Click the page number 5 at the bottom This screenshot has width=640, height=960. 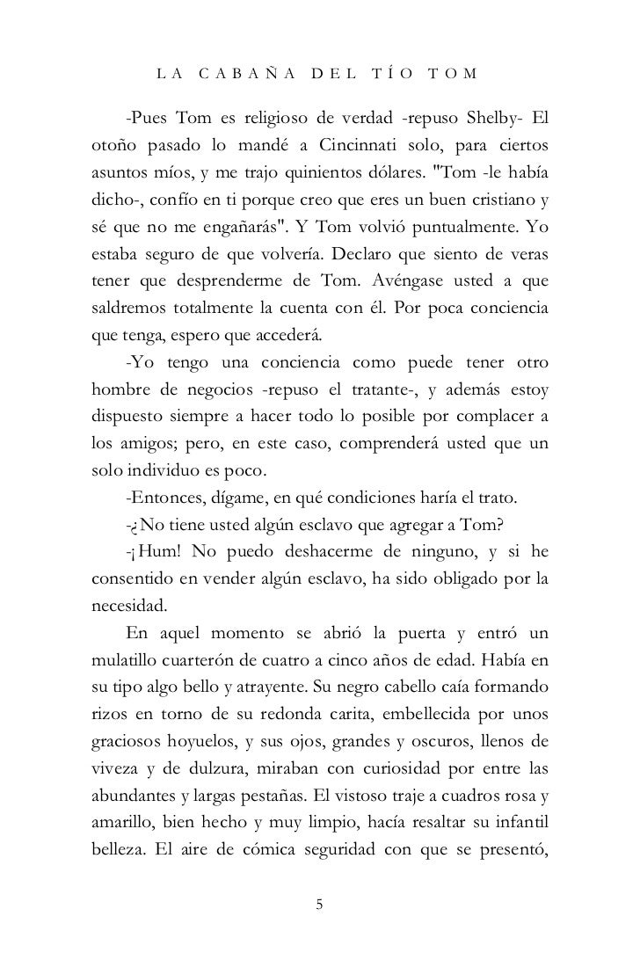pyautogui.click(x=320, y=905)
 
